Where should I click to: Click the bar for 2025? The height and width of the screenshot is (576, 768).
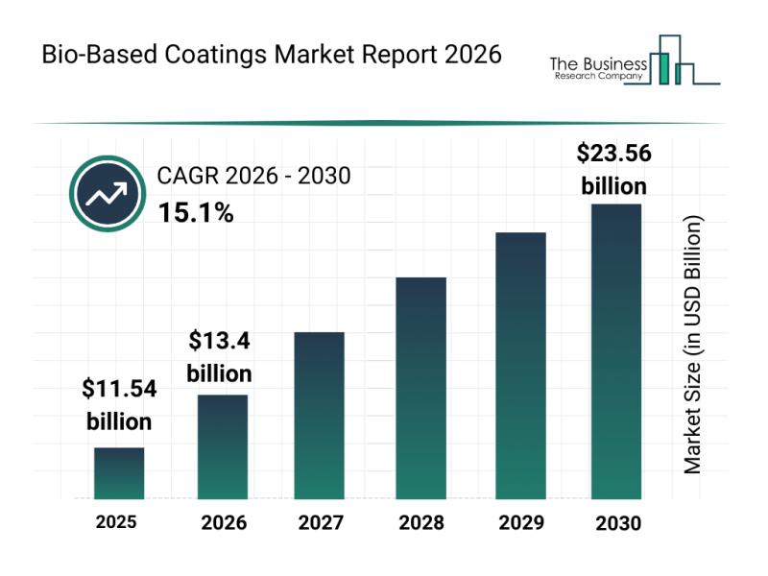coord(119,473)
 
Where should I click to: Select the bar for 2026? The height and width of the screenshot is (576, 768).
coord(223,446)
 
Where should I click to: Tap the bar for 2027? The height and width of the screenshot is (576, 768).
coord(320,415)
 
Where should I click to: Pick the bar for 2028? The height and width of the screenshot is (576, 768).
coord(420,388)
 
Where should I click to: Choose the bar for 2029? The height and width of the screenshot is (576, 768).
coord(520,365)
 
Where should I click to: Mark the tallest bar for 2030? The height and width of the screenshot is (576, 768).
coord(615,351)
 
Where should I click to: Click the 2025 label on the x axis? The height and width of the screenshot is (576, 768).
coord(116,523)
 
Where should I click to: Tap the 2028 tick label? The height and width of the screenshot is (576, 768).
coord(421,524)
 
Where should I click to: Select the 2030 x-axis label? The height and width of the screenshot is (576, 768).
coord(617,524)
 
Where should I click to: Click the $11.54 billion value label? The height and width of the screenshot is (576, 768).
coord(119,405)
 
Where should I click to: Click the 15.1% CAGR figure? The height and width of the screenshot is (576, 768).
coord(195,213)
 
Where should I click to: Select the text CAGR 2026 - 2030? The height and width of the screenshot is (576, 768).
coord(253,176)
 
